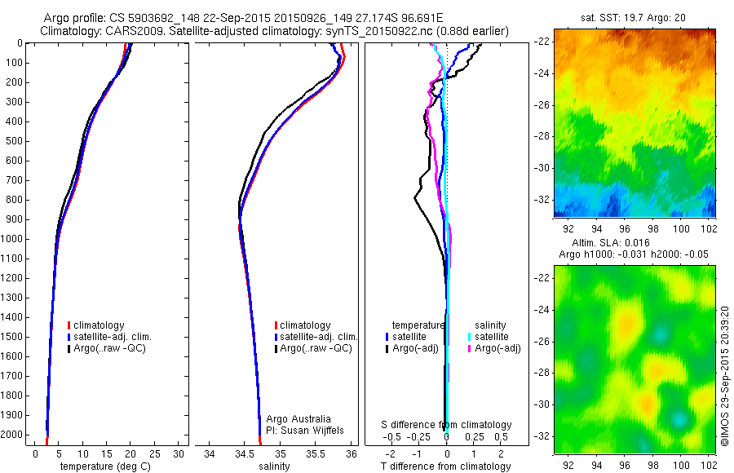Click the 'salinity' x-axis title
tap(273, 466)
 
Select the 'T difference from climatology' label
tap(445, 466)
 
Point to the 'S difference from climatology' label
tap(447, 425)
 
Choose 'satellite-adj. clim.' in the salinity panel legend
tap(317, 337)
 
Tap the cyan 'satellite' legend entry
tap(492, 337)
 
